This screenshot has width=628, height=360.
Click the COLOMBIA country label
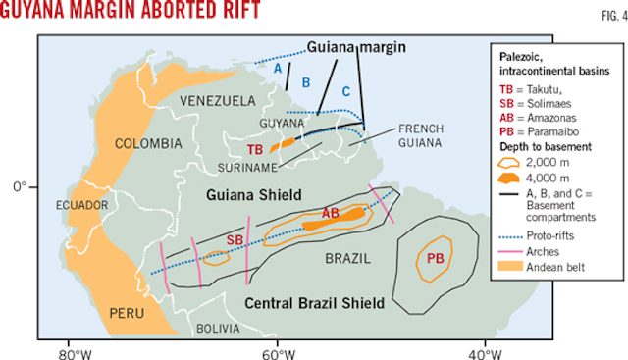point(149,143)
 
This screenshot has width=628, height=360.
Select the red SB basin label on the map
point(235,239)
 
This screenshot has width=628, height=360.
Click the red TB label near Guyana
point(254,149)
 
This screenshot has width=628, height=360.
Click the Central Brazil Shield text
point(310,302)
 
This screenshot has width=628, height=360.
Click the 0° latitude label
point(21,184)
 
